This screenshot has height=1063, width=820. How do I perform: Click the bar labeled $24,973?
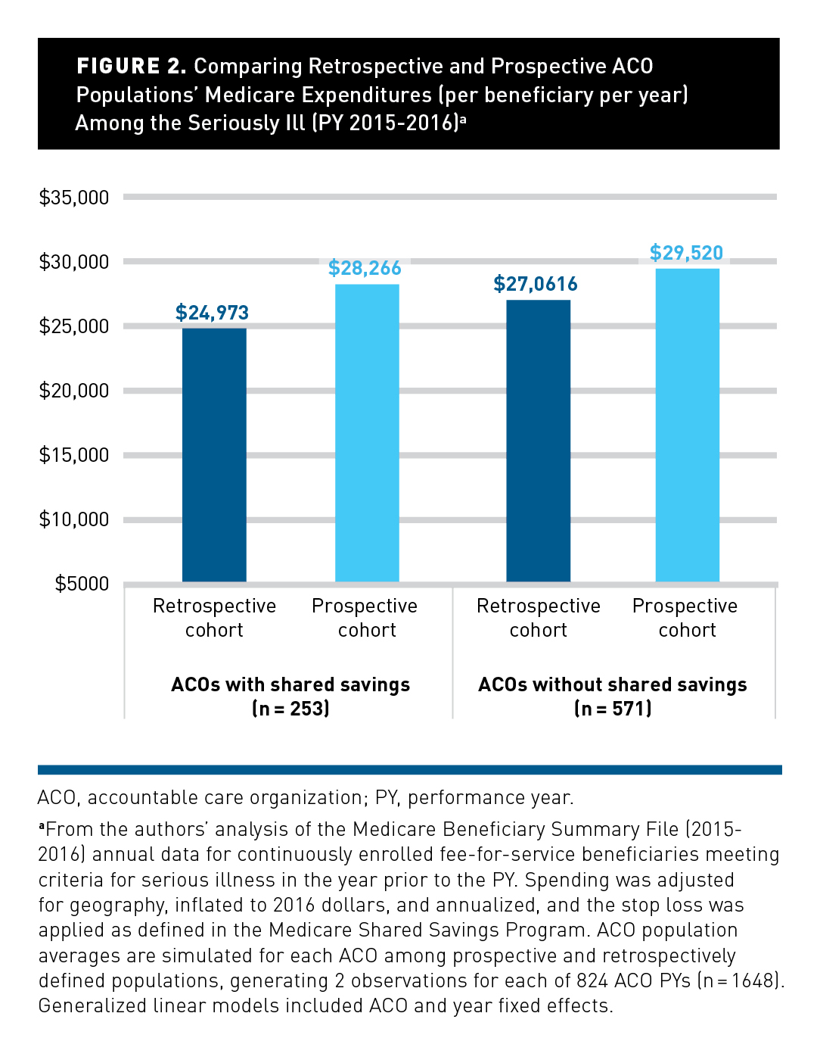[214, 454]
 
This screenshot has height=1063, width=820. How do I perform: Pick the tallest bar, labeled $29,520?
[687, 425]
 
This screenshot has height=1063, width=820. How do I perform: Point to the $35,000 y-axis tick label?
[74, 198]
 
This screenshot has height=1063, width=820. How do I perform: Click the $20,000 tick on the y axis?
[74, 391]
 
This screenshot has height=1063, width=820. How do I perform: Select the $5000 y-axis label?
[82, 584]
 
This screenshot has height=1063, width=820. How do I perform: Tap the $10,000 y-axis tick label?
[74, 519]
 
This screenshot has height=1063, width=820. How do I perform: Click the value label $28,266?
[365, 268]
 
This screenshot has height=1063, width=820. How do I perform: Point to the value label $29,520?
[686, 253]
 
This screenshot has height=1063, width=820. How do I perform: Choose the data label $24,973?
[212, 313]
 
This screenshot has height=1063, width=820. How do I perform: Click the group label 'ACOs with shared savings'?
[290, 684]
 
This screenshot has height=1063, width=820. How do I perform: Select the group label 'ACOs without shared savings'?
[613, 684]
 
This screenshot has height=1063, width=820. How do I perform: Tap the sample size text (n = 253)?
[290, 709]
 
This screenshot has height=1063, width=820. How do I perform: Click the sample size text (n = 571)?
[613, 709]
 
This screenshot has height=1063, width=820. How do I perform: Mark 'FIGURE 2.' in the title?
[131, 67]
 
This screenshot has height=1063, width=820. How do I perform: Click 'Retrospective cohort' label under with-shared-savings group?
[214, 618]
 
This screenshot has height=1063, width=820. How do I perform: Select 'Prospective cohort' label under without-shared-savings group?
[685, 618]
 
